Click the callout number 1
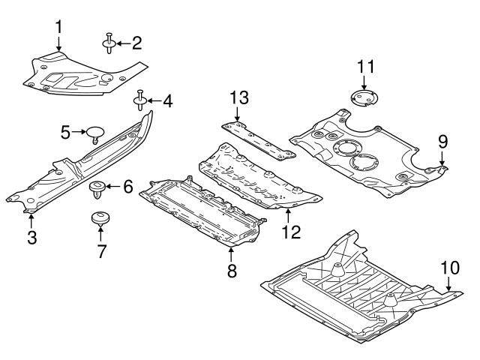(x=58, y=28)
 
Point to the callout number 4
(x=166, y=100)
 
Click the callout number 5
(x=66, y=133)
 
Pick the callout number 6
(x=127, y=187)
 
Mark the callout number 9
(x=442, y=140)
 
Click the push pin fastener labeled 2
(x=110, y=43)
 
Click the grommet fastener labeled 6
(x=97, y=187)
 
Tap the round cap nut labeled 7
(x=100, y=219)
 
